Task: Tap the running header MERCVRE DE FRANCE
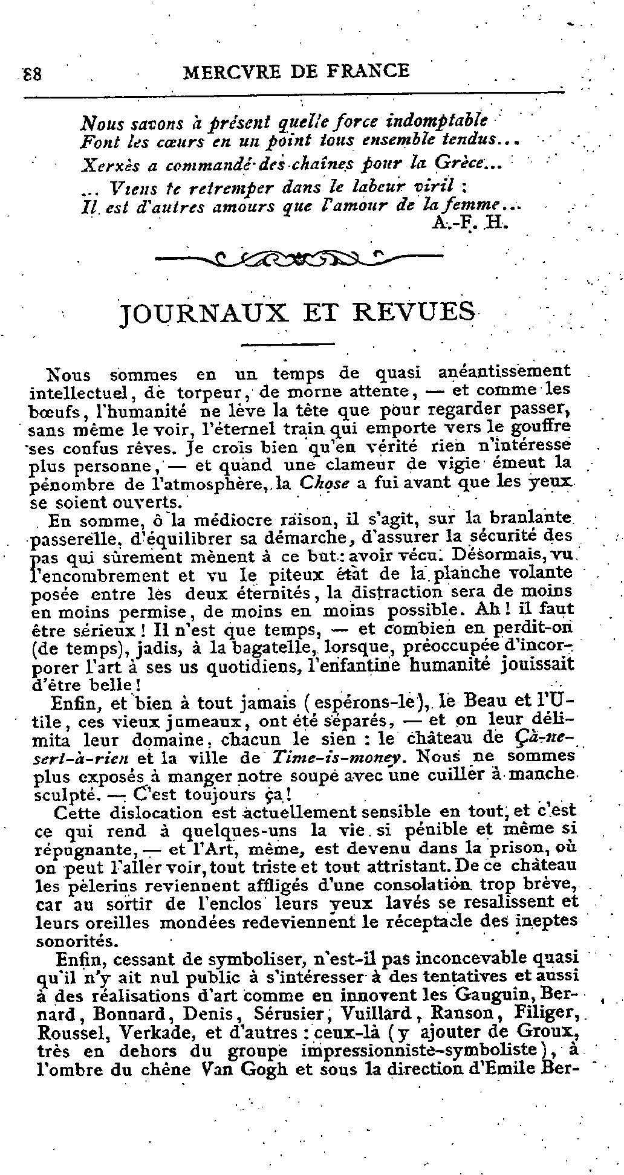[x=296, y=71]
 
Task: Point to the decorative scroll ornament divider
[x=299, y=259]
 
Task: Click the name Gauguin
[x=500, y=994]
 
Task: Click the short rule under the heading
[x=287, y=345]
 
